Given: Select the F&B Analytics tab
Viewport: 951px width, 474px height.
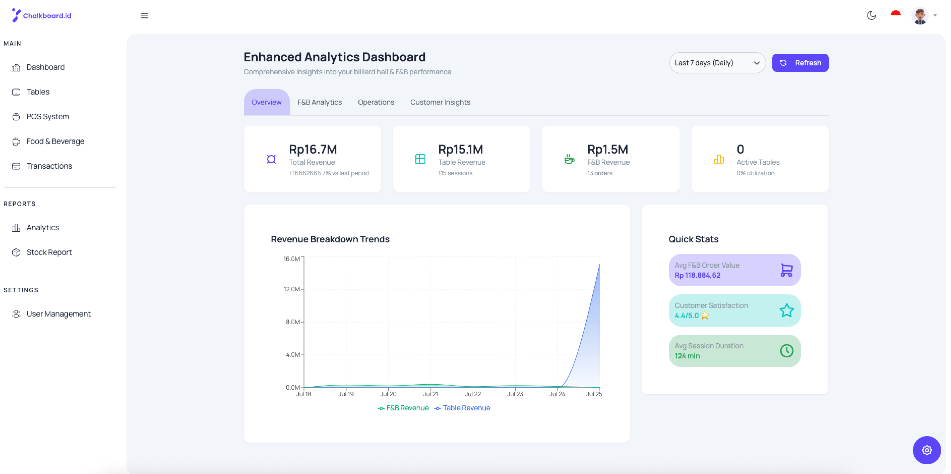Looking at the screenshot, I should [319, 102].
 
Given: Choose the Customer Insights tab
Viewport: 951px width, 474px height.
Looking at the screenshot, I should [440, 102].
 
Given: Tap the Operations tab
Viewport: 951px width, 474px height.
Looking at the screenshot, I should [376, 102].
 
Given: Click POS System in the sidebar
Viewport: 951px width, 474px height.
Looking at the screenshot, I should [47, 117].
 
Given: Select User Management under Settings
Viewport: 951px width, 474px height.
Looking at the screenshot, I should [58, 314].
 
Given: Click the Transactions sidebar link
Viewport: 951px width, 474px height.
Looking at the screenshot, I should [49, 166].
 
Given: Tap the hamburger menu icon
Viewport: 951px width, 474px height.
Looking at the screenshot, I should [144, 15].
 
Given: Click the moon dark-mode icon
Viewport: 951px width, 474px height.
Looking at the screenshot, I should [871, 15].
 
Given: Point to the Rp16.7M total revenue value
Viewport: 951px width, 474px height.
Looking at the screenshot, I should [313, 150].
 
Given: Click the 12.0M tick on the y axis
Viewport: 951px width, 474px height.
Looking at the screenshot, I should [291, 289].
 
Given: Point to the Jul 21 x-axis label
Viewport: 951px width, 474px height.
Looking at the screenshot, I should [431, 394].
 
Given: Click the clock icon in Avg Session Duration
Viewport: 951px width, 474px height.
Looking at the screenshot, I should [787, 351].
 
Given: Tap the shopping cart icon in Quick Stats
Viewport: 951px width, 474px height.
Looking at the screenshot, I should [787, 270].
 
